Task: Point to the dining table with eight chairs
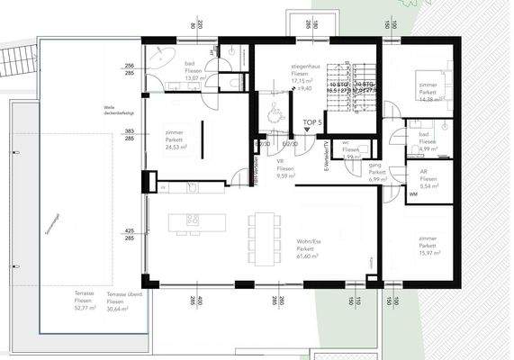(x=263, y=232)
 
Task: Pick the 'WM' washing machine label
(x=413, y=193)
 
